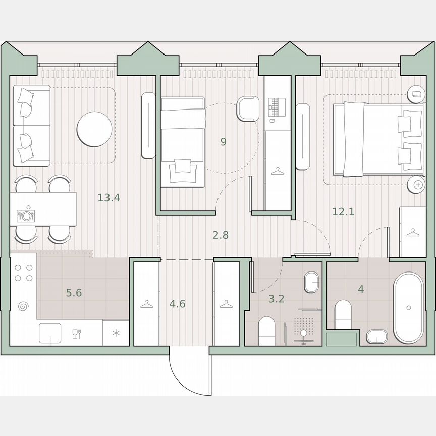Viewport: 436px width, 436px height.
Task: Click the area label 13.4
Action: [x=108, y=198]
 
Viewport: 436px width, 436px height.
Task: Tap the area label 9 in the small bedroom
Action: [x=223, y=142]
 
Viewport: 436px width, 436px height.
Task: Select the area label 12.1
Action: [x=343, y=212]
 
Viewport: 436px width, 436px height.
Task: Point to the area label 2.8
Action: [x=220, y=235]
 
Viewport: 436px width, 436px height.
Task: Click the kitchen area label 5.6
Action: [x=74, y=293]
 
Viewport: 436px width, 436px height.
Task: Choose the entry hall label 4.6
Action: [x=177, y=304]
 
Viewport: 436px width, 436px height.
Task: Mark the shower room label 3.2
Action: [x=276, y=299]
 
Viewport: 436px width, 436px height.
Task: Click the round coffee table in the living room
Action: [x=94, y=129]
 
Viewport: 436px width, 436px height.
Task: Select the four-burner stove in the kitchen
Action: [x=23, y=272]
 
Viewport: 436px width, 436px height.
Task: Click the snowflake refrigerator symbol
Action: [x=116, y=333]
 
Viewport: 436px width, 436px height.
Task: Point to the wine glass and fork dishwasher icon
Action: [x=77, y=333]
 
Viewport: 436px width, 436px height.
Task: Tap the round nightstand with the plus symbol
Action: [x=418, y=185]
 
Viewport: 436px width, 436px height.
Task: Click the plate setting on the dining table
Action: [x=26, y=215]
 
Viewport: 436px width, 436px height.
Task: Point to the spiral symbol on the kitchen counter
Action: [x=23, y=306]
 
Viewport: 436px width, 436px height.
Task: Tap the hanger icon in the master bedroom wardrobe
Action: [x=413, y=233]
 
